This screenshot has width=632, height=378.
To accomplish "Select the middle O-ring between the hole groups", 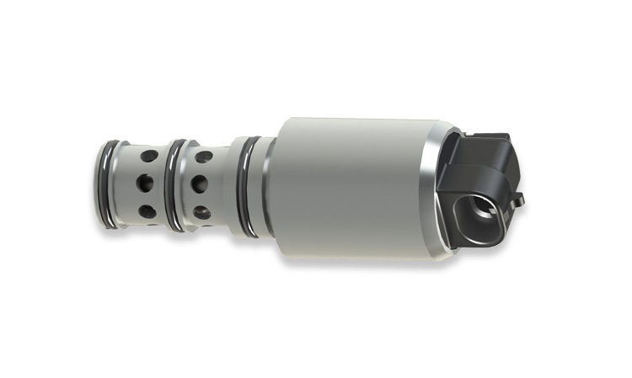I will click(172, 185).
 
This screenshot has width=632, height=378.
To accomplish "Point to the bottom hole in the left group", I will click(145, 210).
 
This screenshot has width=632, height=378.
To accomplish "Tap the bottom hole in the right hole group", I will click(202, 213).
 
